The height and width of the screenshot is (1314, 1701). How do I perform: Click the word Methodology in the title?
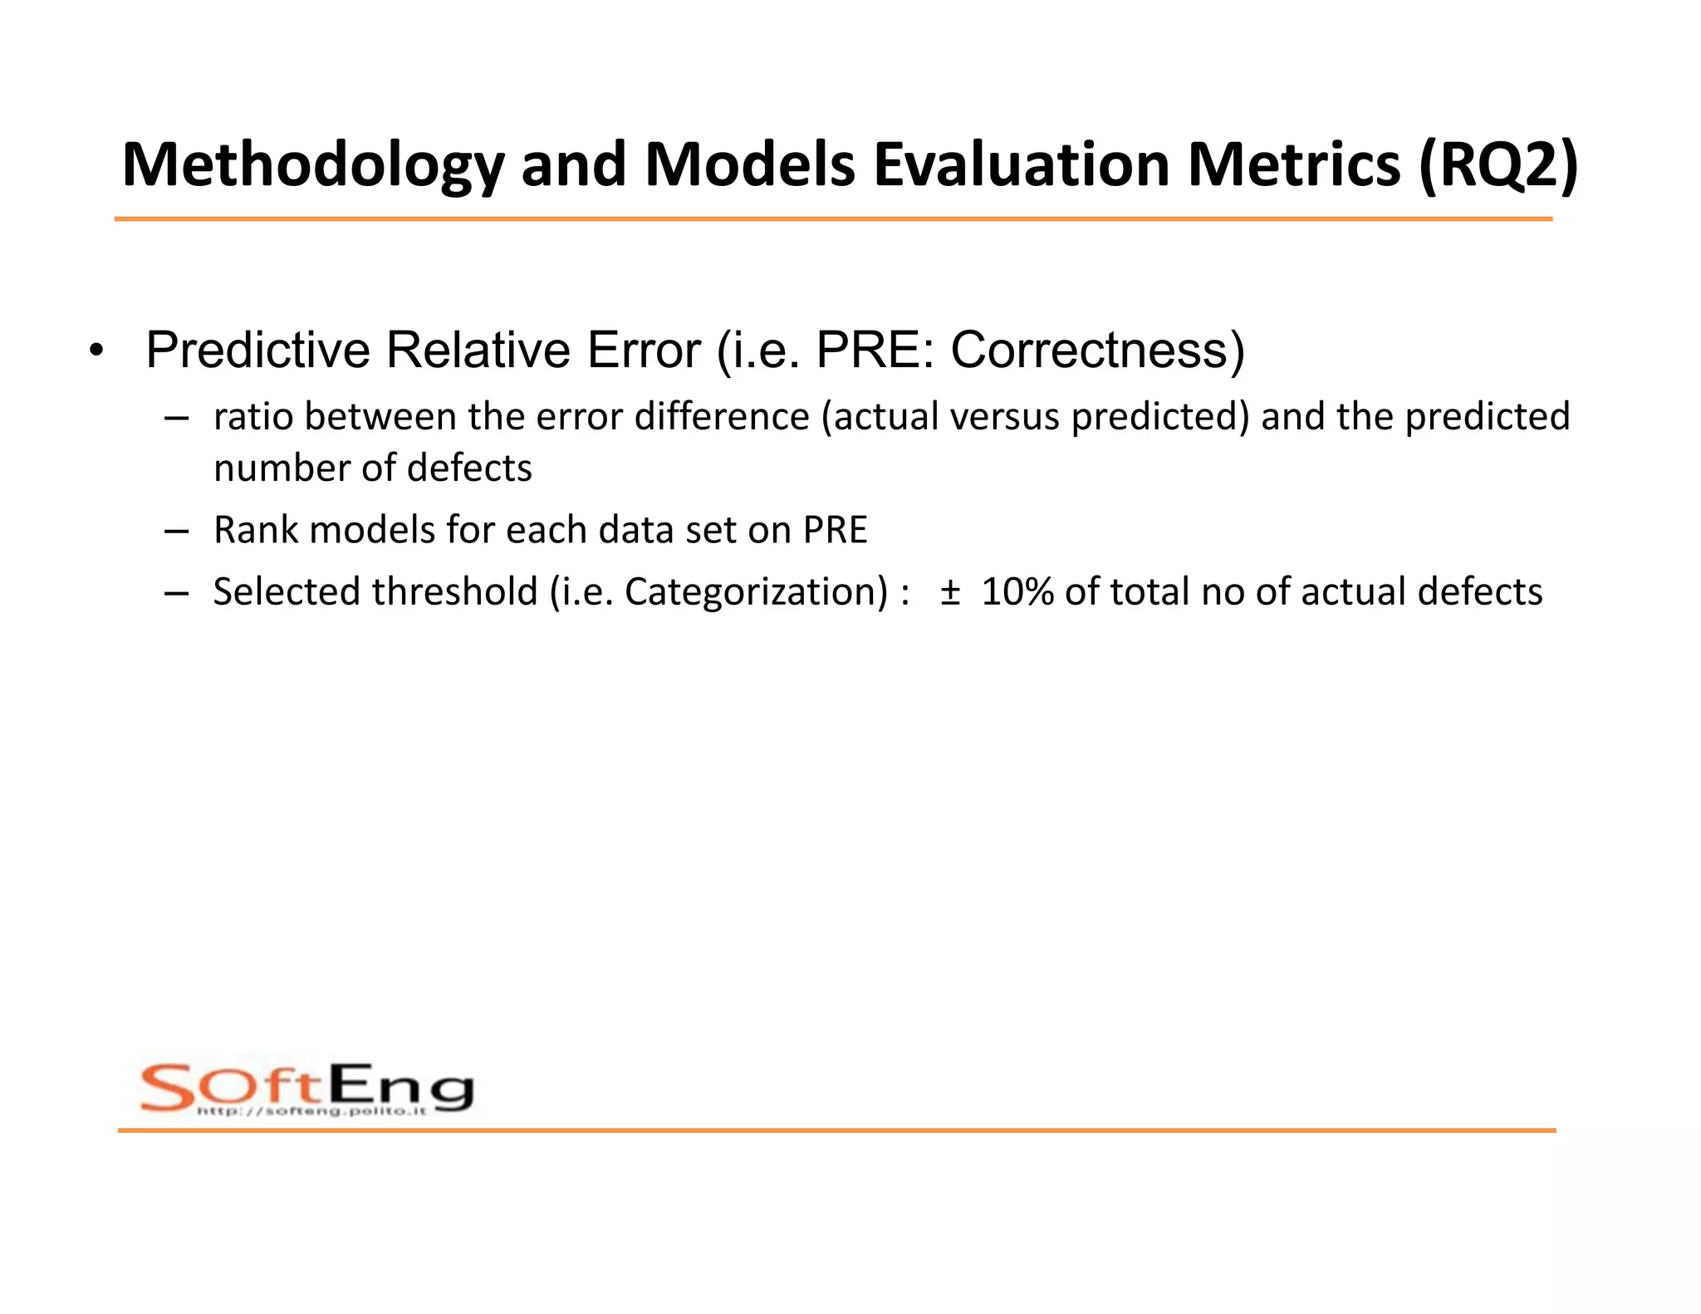pyautogui.click(x=312, y=165)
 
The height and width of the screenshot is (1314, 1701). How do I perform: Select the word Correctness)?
pyautogui.click(x=1097, y=350)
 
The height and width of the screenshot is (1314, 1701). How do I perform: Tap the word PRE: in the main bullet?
pyautogui.click(x=875, y=350)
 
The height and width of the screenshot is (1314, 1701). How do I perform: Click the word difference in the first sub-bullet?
pyautogui.click(x=722, y=417)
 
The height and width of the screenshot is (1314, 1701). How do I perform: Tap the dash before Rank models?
pyautogui.click(x=176, y=531)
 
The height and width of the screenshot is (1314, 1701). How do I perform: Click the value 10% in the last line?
pyautogui.click(x=1017, y=592)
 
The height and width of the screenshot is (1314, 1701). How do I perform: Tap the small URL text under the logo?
pyautogui.click(x=311, y=1111)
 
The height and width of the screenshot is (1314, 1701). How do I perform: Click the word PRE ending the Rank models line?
pyautogui.click(x=835, y=530)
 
